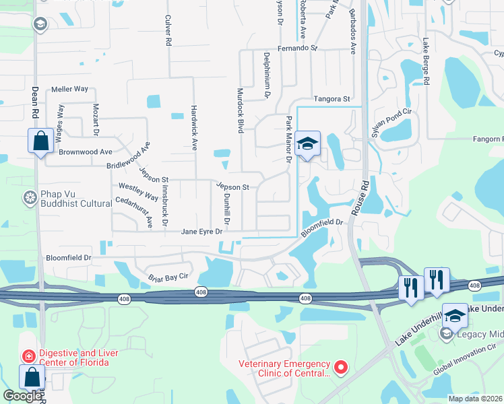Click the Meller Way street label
(70, 89)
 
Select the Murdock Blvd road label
(239, 110)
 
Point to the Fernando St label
(297, 48)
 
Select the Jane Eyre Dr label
(201, 232)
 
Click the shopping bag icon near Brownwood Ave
(40, 141)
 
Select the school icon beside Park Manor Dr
(307, 143)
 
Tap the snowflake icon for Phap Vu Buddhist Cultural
(30, 198)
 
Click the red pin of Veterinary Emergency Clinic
(340, 367)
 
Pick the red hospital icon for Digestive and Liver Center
(29, 355)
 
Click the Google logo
(22, 396)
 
